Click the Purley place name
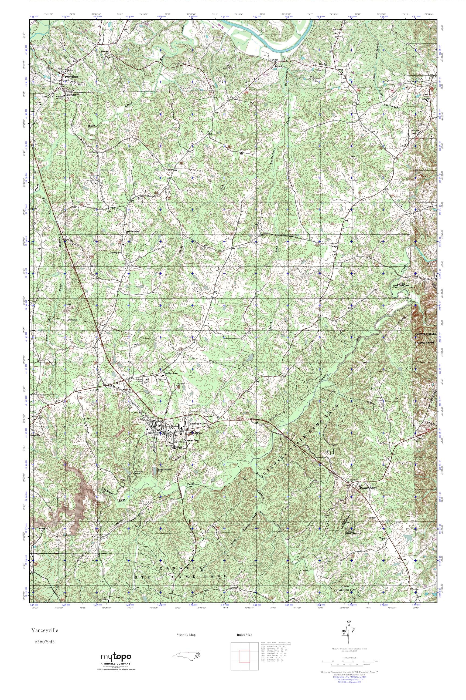click(94, 184)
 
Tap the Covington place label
click(116, 253)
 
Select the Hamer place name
click(333, 246)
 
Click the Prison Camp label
click(139, 381)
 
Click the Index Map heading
click(245, 635)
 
